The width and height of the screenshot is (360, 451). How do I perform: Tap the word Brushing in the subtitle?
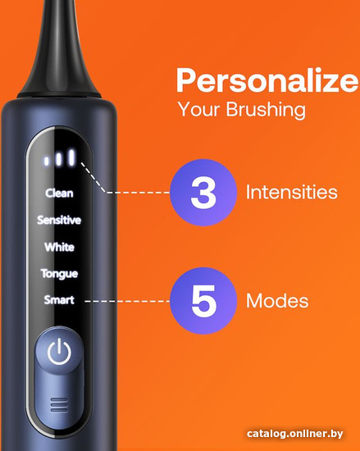click(266, 110)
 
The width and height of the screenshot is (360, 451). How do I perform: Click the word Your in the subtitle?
click(199, 109)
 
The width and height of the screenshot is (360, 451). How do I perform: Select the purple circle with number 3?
click(203, 193)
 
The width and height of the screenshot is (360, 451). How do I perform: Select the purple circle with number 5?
click(203, 301)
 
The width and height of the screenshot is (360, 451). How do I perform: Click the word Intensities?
click(292, 192)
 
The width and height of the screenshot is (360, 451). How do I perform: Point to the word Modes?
click(277, 301)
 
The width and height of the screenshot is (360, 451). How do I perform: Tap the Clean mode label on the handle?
click(59, 193)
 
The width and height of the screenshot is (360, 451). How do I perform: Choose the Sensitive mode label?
click(59, 220)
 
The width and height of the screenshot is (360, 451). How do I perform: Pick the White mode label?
click(59, 247)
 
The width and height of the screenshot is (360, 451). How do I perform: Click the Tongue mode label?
click(59, 274)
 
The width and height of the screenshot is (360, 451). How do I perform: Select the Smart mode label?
click(59, 299)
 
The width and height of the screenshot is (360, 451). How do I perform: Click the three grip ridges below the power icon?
click(59, 405)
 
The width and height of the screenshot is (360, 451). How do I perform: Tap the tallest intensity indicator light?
click(71, 157)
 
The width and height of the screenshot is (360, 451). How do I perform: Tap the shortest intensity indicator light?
click(46, 161)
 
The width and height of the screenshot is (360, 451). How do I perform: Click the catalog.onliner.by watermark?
click(294, 434)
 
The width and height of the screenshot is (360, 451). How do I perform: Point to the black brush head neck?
click(60, 49)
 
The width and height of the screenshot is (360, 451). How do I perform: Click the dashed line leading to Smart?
click(127, 301)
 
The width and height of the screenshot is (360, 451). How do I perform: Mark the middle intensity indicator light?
click(59, 159)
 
